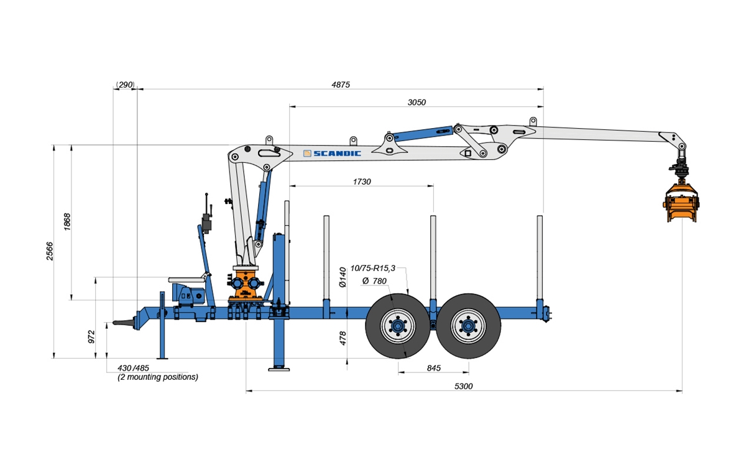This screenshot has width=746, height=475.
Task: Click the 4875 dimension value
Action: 341,85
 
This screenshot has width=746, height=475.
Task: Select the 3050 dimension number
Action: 417,102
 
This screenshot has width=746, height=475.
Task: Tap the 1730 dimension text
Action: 362,182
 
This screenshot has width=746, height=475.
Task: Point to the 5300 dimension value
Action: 464,386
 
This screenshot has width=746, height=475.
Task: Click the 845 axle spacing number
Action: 434,368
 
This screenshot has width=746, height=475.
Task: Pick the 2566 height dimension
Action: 49,251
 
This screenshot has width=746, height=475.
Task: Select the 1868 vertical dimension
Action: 67,222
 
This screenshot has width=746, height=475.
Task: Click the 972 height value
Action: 91,337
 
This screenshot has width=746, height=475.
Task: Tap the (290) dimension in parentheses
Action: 125,85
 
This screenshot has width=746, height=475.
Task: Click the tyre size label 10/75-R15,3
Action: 372,268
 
